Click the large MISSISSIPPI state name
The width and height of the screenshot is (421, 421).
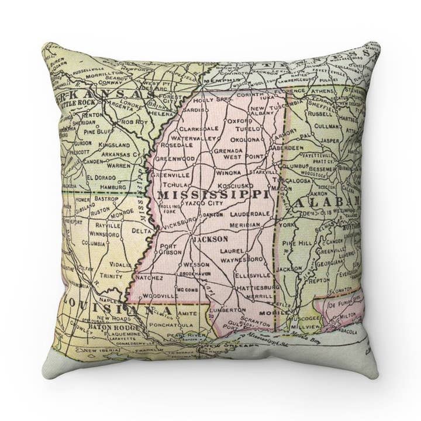213,194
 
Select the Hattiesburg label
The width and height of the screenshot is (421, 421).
256,288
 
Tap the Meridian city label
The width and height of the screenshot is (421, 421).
244,225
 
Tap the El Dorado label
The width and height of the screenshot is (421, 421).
99,177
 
